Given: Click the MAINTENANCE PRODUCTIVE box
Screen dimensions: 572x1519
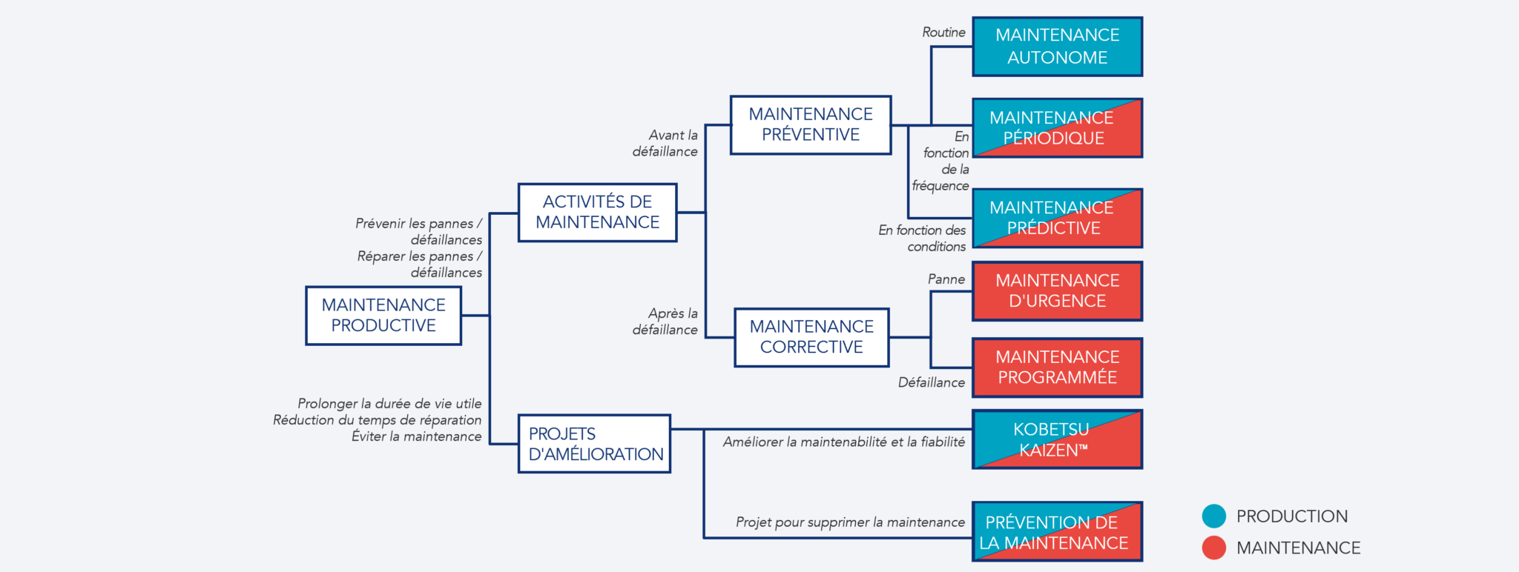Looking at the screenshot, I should tap(383, 316).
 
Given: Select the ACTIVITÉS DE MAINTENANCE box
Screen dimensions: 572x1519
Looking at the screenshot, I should tap(597, 213).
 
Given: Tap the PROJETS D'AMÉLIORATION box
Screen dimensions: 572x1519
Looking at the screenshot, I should tap(595, 444).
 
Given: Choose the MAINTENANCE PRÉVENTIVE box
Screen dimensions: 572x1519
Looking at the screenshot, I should tap(811, 125).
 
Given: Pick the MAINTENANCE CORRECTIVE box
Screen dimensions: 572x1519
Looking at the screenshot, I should tap(811, 337).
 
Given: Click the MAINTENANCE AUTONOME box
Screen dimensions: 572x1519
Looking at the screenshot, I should tap(1057, 47).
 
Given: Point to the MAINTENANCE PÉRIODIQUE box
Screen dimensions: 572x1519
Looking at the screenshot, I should tap(1057, 128).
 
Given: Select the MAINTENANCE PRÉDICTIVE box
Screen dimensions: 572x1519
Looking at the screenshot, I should tap(1057, 218).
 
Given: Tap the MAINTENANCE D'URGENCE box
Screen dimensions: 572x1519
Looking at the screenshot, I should tap(1057, 291).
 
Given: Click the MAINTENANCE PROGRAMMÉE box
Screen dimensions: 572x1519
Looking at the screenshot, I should tap(1057, 368).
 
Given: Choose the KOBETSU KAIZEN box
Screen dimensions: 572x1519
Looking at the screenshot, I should tap(1057, 440).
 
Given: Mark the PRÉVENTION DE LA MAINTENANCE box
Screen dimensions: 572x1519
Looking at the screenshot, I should tap(1057, 532).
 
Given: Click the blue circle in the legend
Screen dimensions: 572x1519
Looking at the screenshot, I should tap(1214, 516).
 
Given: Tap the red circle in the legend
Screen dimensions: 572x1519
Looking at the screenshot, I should tap(1214, 548).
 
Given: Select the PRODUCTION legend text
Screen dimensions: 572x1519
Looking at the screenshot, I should tap(1293, 516).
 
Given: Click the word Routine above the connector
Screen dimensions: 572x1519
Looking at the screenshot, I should tap(943, 33).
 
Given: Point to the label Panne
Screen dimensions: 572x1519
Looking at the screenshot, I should tap(946, 279).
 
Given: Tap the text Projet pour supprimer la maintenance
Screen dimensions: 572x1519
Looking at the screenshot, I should tap(850, 523).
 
